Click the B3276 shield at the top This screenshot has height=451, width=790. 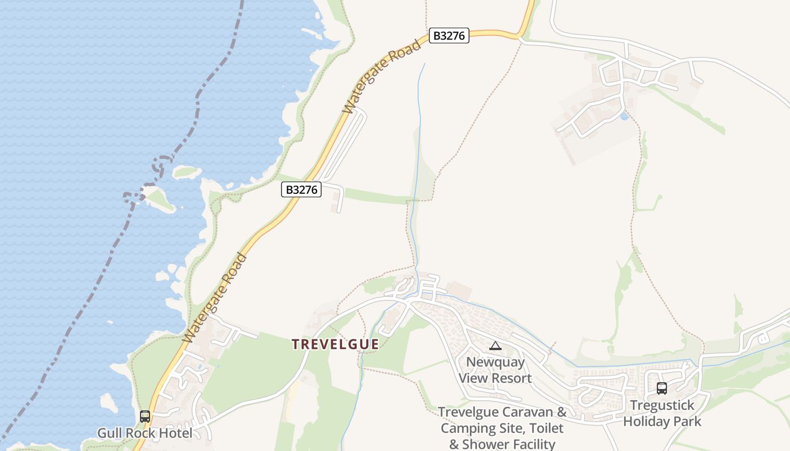[449, 36]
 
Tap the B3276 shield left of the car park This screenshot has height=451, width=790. [301, 189]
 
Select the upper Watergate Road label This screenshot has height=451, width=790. [383, 77]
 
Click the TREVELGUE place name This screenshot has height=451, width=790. [335, 344]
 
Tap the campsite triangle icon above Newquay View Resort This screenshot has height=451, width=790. [495, 346]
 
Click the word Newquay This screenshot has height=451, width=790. [495, 362]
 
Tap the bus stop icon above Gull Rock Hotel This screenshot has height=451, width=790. [145, 417]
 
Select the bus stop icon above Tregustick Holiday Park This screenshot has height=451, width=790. [661, 388]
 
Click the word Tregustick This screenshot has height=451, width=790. [662, 405]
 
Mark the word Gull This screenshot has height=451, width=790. [109, 434]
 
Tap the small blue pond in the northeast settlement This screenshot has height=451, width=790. [624, 116]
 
